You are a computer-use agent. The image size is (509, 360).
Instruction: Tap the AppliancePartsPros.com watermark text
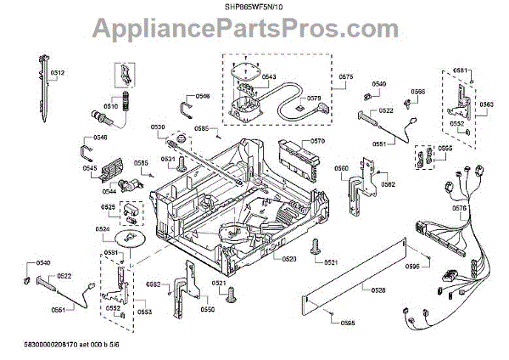coord(254,31)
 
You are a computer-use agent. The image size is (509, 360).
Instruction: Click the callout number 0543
coord(269,76)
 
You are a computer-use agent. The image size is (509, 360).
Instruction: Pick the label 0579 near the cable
coord(313,98)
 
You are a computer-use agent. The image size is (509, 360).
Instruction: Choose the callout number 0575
coord(345,77)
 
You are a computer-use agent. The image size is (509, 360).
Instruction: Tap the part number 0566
coord(418,91)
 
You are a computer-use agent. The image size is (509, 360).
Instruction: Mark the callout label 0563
coord(487,104)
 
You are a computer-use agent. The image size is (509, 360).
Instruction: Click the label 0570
coord(317,141)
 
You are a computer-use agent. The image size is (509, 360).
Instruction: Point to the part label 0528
coord(378,290)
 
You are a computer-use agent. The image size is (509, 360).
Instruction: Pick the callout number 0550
coord(207,310)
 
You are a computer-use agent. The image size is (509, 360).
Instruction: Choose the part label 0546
coord(202,96)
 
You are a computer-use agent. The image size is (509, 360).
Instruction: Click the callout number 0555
coord(445,148)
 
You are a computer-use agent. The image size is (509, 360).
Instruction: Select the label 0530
coord(158,127)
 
